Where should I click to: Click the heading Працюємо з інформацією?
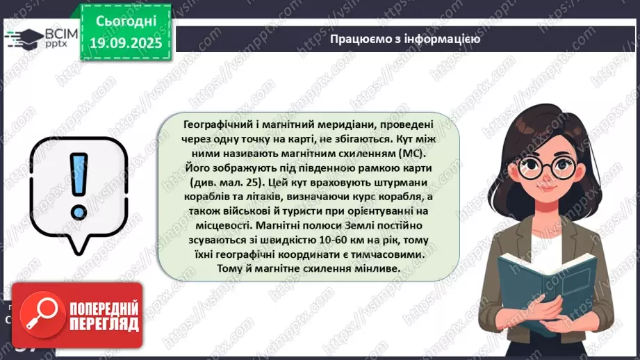pyautogui.click(x=406, y=39)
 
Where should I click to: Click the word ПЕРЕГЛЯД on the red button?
pyautogui.click(x=102, y=324)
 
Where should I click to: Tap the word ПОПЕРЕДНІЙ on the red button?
pyautogui.click(x=104, y=309)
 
